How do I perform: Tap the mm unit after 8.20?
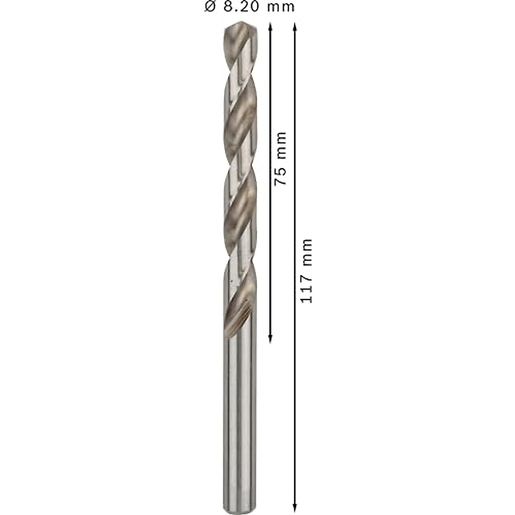pyautogui.click(x=281, y=7)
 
